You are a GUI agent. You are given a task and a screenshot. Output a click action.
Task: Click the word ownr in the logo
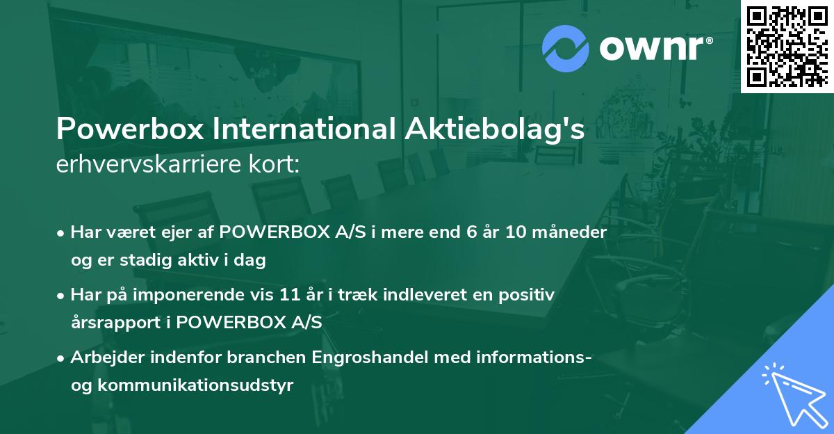click(x=656, y=48)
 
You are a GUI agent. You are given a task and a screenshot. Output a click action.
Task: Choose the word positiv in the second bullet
click(x=531, y=296)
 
